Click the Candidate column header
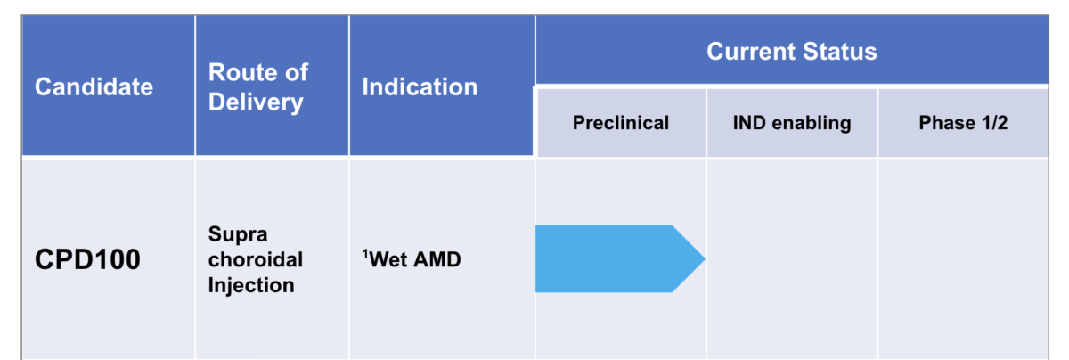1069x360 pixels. pos(94,86)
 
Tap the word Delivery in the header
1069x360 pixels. pos(255,102)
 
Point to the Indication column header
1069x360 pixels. pos(420,86)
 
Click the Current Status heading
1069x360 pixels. pos(791,51)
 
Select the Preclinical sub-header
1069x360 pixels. pos(620,123)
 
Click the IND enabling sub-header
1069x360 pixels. pos(791,123)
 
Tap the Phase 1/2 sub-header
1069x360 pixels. pos(963,123)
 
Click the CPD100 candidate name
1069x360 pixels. pos(87,260)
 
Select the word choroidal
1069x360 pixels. pos(255,260)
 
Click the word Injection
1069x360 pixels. pos(250,285)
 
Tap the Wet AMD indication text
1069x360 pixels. pos(414,261)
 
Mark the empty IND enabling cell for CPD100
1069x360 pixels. pos(791,258)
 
